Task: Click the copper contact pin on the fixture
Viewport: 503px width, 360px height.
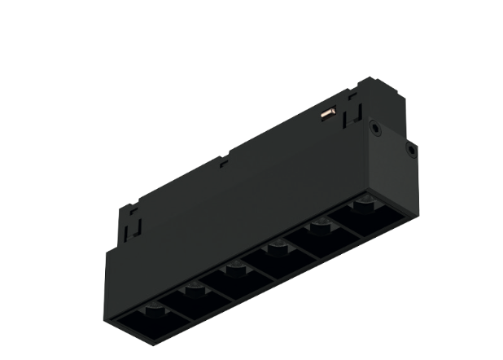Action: (x=329, y=114)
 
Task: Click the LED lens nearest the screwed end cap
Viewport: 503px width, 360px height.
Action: (x=363, y=203)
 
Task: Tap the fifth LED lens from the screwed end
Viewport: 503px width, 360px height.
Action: (x=192, y=287)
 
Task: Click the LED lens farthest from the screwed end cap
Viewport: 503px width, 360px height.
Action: (x=150, y=310)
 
